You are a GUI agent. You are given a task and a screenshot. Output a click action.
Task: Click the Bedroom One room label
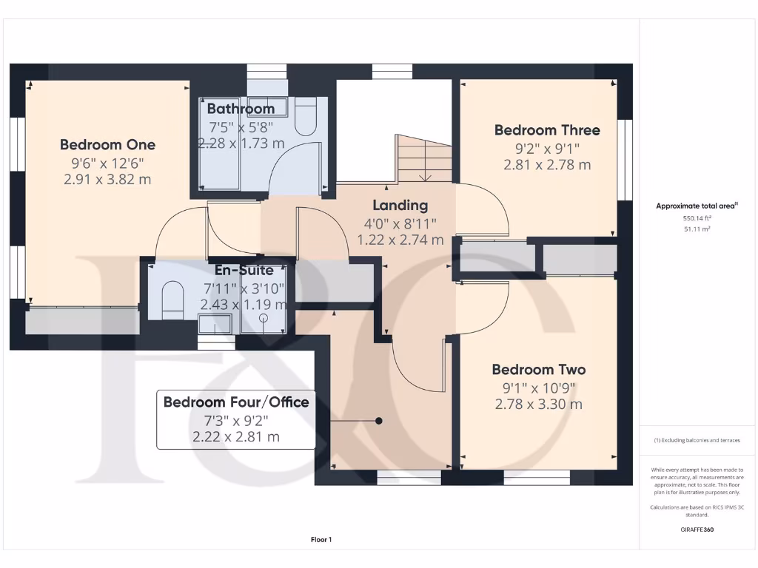(107, 144)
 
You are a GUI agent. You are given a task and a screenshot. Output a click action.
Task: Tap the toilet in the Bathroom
(306, 117)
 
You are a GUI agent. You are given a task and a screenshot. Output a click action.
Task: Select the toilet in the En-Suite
(171, 299)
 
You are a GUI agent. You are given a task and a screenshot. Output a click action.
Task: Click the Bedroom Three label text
(547, 130)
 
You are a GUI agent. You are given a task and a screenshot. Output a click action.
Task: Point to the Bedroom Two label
(538, 370)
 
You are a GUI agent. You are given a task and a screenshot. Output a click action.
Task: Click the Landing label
(400, 206)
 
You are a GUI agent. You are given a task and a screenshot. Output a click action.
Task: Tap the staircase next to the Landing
(424, 158)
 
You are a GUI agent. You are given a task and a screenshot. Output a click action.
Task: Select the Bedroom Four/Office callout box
(236, 419)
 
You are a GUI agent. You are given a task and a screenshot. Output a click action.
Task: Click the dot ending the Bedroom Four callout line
(378, 421)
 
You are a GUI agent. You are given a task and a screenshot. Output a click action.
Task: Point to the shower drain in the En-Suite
(264, 318)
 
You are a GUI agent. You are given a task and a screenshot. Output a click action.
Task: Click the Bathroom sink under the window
(266, 104)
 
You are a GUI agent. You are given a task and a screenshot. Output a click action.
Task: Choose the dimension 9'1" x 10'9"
(538, 388)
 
